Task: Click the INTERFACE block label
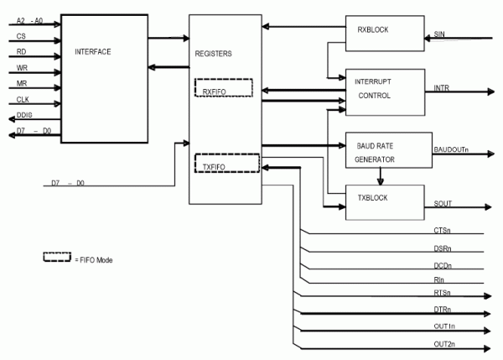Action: (92, 52)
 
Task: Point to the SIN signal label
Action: (439, 34)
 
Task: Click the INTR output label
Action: (441, 87)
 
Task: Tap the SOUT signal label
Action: (443, 204)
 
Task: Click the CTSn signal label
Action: (443, 229)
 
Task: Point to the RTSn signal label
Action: (443, 293)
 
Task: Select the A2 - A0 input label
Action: (29, 19)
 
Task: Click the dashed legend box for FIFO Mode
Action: (56, 258)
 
